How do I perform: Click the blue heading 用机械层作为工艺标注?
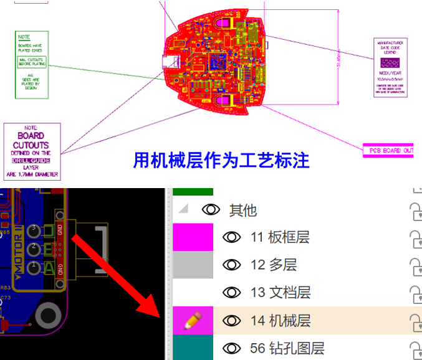221,160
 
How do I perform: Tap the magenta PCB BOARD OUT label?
388,150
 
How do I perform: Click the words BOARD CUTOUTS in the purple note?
31,140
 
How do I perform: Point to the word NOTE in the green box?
24,37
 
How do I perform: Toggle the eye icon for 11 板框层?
232,237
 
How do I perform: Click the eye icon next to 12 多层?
232,265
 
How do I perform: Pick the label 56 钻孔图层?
287,349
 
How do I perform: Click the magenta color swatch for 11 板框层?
193,237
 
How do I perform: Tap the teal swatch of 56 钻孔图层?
193,348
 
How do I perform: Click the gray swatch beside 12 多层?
193,265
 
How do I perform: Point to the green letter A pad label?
49,268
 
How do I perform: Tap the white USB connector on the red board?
170,61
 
